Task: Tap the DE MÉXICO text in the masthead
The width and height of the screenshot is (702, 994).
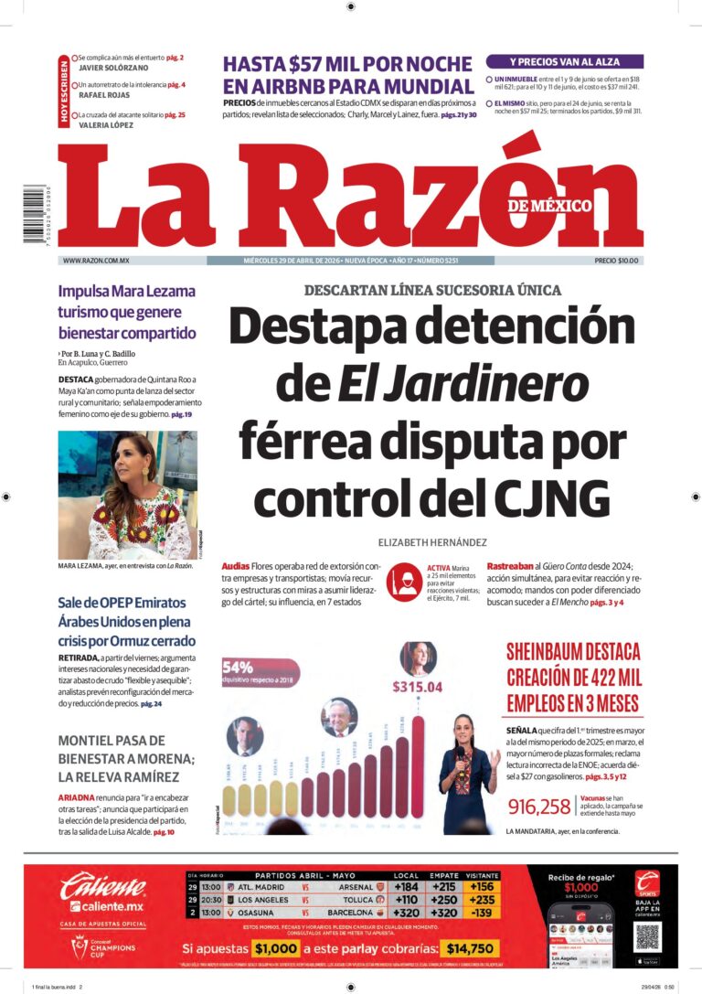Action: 550,206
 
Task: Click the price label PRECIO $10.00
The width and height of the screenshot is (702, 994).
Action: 618,261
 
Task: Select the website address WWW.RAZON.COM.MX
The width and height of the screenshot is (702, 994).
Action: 96,261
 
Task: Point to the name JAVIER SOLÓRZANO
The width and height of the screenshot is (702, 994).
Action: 113,68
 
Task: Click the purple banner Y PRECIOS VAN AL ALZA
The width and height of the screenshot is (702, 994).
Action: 564,61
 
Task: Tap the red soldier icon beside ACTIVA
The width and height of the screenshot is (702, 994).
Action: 403,582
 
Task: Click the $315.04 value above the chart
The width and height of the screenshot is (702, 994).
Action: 417,687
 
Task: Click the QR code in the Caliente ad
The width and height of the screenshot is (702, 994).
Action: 647,936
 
